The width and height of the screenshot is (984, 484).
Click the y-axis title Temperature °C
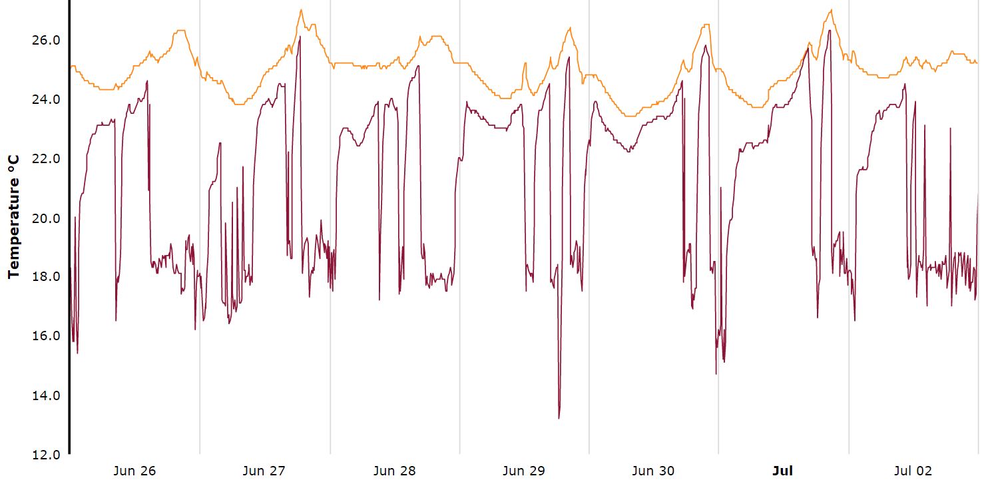coord(13,216)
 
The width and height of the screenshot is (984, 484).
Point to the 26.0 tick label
coord(46,41)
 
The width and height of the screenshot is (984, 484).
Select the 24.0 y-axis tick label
coord(46,100)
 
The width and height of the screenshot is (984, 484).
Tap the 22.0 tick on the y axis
coord(46,159)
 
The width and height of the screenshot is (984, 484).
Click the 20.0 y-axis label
coord(46,218)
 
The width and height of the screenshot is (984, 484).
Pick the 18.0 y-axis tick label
coord(46,277)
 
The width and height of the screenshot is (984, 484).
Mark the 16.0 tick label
coord(46,336)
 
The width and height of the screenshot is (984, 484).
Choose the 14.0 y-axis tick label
coord(46,395)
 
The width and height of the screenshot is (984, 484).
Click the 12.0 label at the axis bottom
coord(46,455)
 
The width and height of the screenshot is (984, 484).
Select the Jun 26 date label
coord(134,471)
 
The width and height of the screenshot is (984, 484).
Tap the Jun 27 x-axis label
coord(264,471)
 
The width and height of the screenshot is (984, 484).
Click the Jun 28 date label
coord(394,471)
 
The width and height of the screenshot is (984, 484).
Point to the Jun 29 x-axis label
coord(523,471)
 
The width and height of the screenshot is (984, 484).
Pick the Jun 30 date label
coord(652,471)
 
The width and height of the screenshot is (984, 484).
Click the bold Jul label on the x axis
coord(782,471)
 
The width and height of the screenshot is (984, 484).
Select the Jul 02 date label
coord(913,471)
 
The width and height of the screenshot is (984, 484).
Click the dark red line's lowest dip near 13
coord(559,418)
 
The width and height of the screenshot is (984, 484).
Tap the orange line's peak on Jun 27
coord(301,10)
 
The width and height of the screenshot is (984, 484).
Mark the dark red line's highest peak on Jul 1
coord(829,31)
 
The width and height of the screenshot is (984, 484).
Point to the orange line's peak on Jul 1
coord(831,10)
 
